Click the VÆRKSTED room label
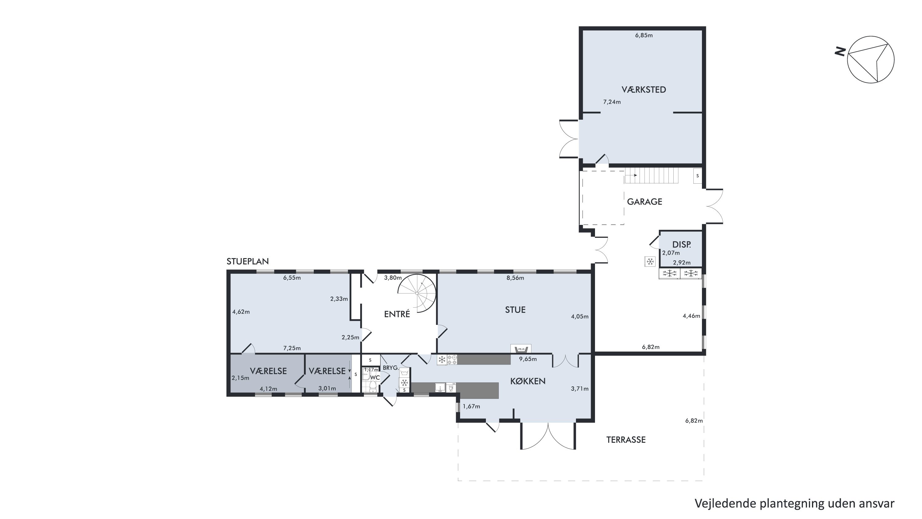[644, 90]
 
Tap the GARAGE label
[644, 202]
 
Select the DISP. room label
[681, 245]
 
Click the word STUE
[515, 310]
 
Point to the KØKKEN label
[528, 381]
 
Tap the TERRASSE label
[626, 440]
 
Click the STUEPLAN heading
[247, 261]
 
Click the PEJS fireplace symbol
[521, 349]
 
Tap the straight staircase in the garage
[652, 176]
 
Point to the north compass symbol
[870, 59]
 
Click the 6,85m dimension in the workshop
[644, 35]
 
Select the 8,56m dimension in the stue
[515, 278]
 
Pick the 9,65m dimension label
[528, 359]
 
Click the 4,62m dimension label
[241, 312]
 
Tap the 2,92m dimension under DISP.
[681, 262]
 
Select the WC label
[375, 377]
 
